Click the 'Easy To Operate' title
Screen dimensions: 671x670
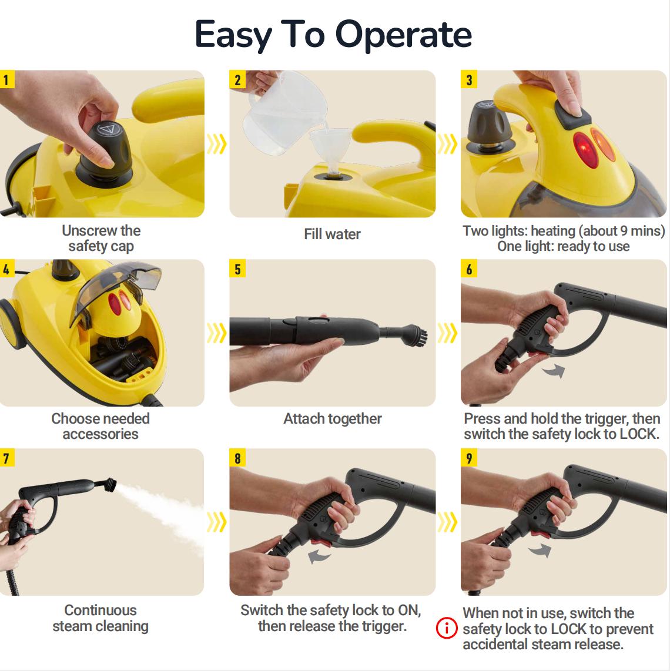(x=333, y=34)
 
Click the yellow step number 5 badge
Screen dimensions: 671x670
(x=237, y=269)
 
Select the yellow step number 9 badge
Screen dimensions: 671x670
(x=469, y=458)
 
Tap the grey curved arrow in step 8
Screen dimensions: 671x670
(x=320, y=556)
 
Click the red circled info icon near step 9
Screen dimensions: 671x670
(x=447, y=629)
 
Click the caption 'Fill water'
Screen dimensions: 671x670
(x=332, y=234)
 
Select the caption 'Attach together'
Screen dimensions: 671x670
(x=332, y=418)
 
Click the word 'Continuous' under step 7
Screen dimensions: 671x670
(x=100, y=610)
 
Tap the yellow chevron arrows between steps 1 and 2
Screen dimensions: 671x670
(x=217, y=143)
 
